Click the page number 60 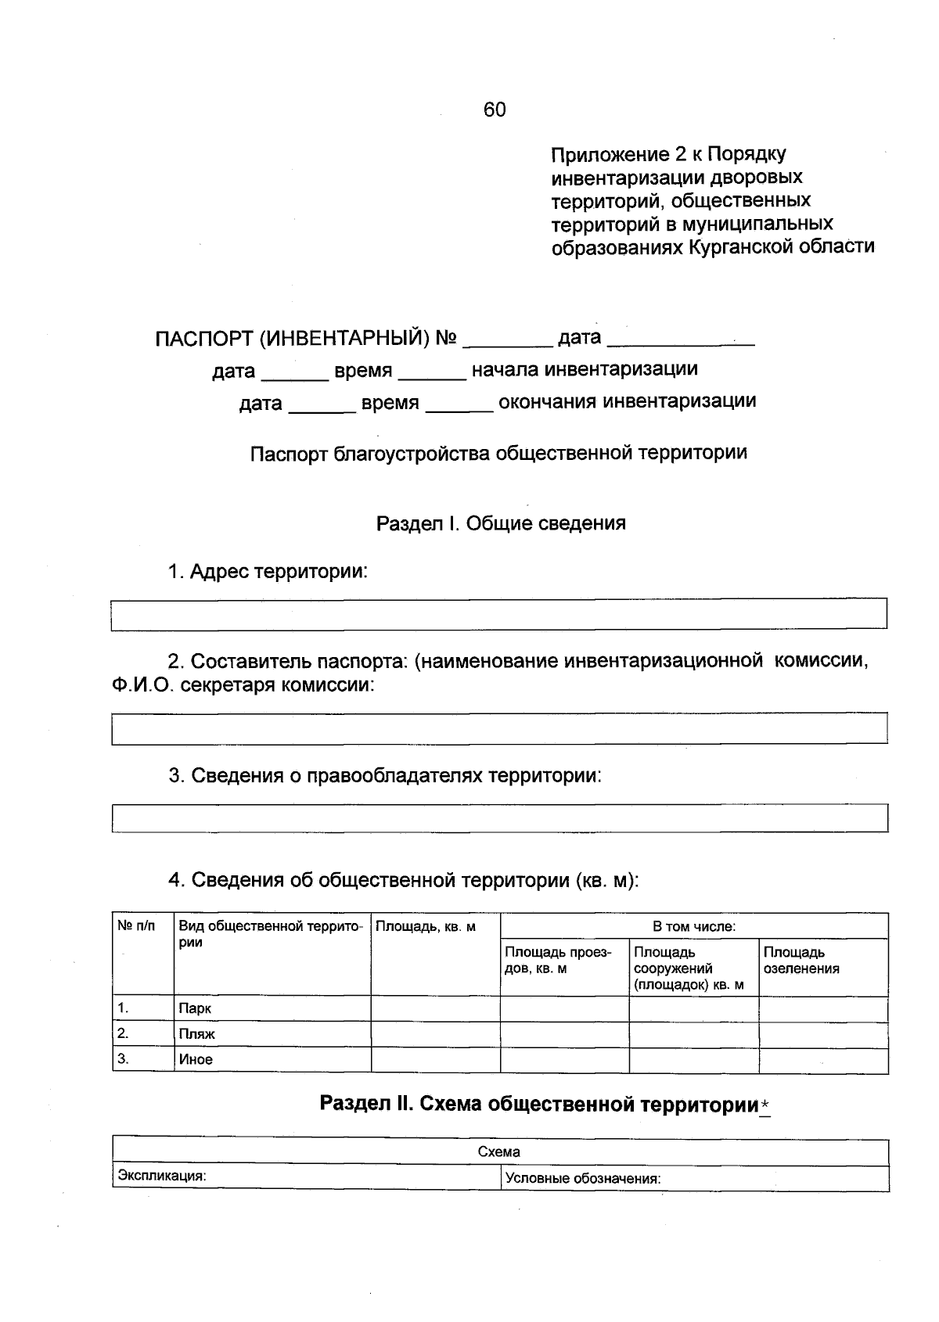click(495, 110)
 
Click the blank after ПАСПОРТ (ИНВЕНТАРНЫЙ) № click(508, 339)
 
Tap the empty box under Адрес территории click(499, 613)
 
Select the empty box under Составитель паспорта click(499, 728)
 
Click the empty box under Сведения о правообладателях click(499, 818)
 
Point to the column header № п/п click(136, 926)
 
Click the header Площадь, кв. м click(426, 927)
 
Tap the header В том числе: click(694, 927)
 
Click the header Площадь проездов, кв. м click(557, 961)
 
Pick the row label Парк click(195, 1009)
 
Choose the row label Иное click(196, 1060)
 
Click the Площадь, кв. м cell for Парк click(435, 1009)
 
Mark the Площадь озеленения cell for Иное click(823, 1061)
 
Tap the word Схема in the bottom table click(499, 1152)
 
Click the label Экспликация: click(162, 1176)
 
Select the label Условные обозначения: click(583, 1179)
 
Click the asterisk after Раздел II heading click(765, 1105)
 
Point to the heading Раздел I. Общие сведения click(501, 523)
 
